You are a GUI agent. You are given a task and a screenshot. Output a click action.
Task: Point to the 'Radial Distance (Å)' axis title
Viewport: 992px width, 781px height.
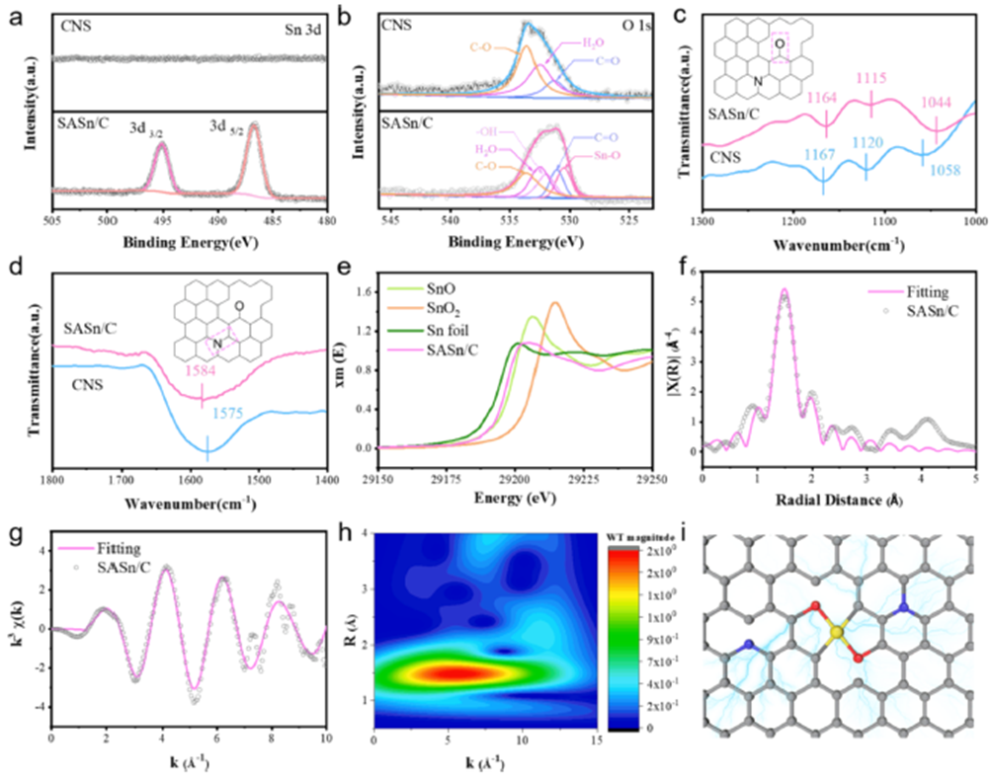tap(838, 500)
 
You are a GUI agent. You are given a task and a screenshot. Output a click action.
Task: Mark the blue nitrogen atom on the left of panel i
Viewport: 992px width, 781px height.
tap(749, 646)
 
